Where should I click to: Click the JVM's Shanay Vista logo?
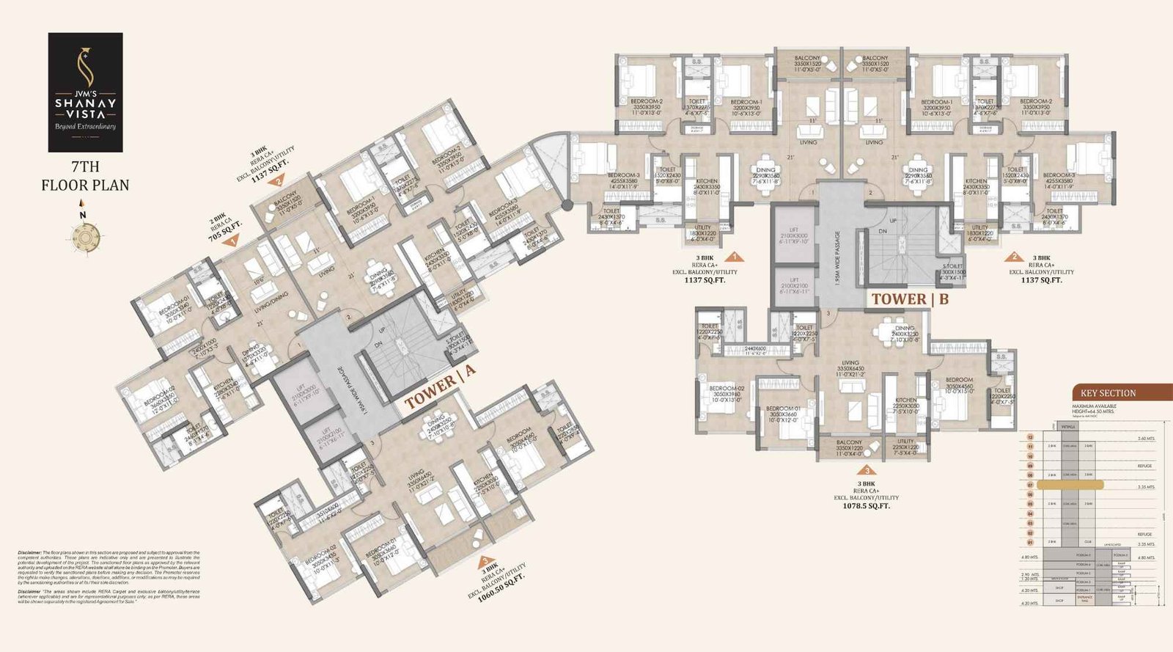(x=85, y=92)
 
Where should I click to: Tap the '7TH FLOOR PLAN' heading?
(x=85, y=176)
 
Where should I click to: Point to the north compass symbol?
(x=83, y=234)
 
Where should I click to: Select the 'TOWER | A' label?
(x=440, y=388)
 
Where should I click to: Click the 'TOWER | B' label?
(x=909, y=299)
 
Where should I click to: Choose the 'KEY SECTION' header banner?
(x=1108, y=393)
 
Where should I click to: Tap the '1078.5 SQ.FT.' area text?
(x=867, y=506)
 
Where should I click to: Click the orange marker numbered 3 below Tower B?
(x=867, y=470)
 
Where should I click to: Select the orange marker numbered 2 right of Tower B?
(x=1014, y=257)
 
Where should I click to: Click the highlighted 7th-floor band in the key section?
(x=1070, y=485)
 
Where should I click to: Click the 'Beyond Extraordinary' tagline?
(x=85, y=126)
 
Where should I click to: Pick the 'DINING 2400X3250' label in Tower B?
(x=905, y=334)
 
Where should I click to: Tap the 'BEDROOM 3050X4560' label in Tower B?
(x=959, y=385)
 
